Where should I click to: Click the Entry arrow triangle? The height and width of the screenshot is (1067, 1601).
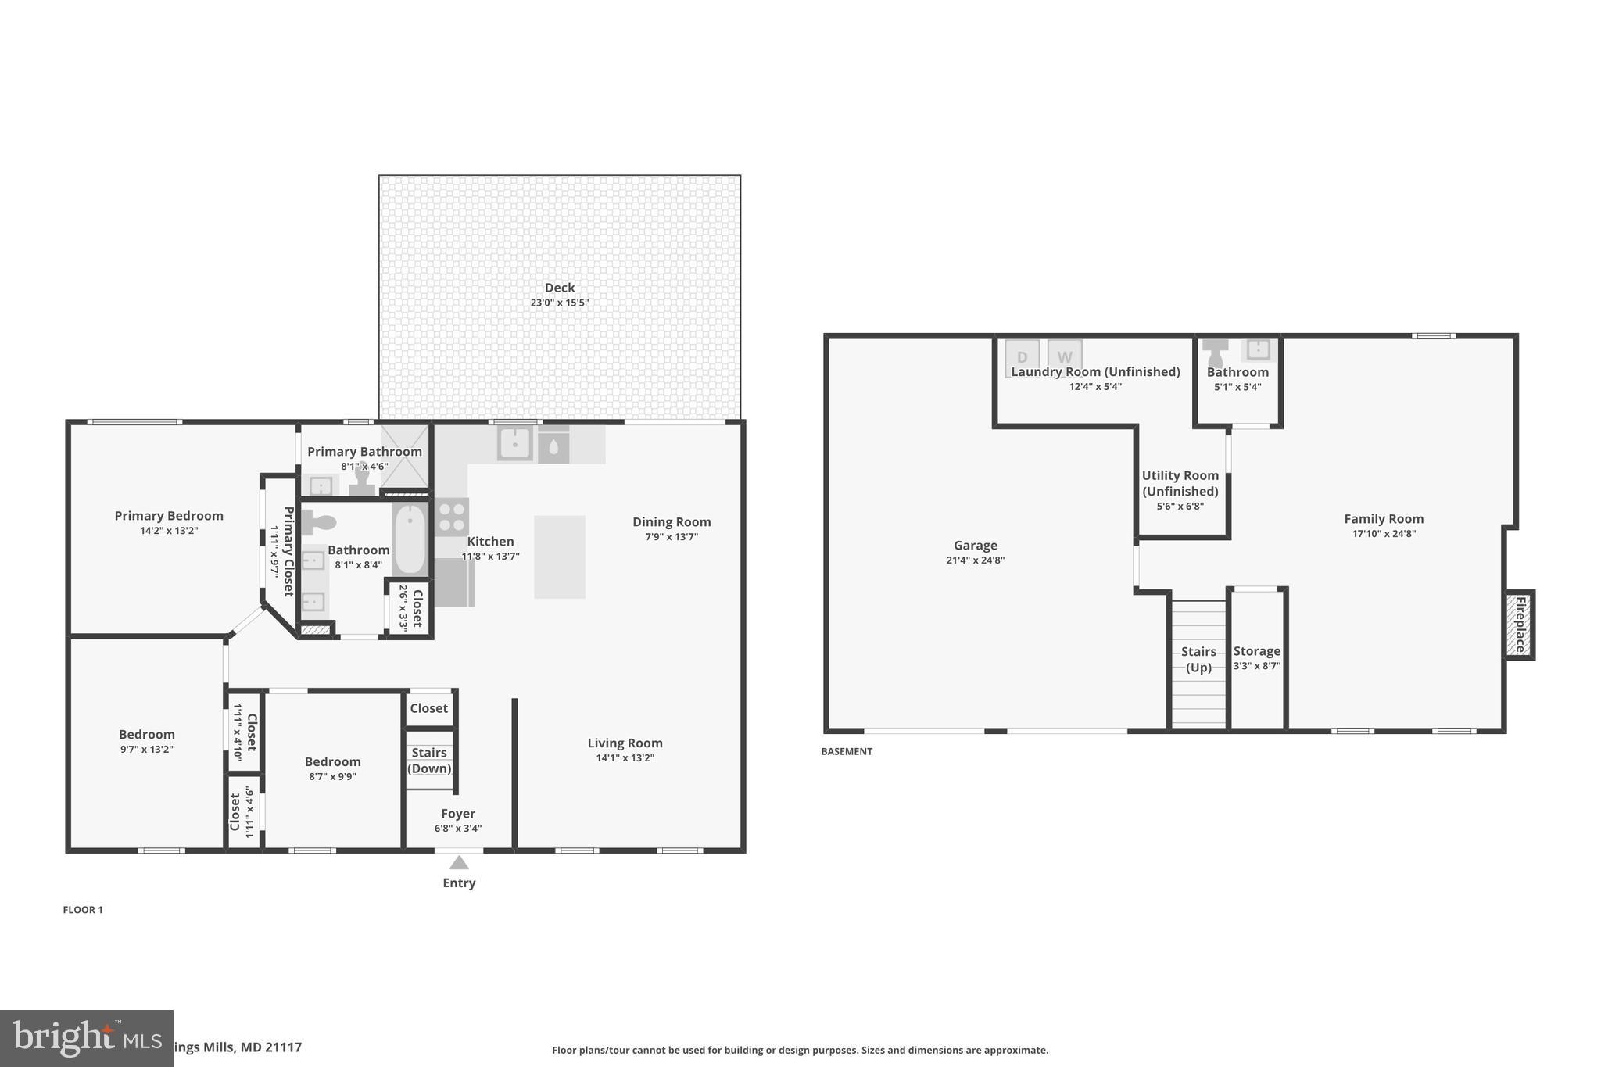click(459, 862)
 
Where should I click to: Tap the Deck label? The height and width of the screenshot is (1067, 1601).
click(560, 288)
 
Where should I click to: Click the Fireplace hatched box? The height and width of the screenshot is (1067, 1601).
click(1520, 625)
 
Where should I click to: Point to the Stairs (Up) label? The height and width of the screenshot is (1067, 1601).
click(1198, 659)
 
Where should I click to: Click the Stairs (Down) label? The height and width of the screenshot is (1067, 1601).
click(429, 760)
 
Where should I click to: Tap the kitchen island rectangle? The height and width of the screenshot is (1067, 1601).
click(560, 557)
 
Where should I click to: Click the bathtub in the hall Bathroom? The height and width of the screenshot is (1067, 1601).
click(410, 539)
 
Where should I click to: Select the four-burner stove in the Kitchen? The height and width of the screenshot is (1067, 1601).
click(452, 517)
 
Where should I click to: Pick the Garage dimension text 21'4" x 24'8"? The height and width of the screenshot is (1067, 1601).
click(975, 560)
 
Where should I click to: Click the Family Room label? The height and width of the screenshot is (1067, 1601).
click(1384, 518)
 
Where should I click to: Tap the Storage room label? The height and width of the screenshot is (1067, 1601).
click(1256, 651)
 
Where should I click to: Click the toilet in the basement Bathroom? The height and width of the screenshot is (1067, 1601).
click(1216, 353)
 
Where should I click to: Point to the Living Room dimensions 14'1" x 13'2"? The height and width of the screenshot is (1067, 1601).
click(625, 758)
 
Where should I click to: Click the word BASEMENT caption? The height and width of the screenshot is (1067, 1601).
click(847, 751)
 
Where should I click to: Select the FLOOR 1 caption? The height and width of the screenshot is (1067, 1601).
click(83, 910)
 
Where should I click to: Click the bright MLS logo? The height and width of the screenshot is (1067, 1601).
click(86, 1038)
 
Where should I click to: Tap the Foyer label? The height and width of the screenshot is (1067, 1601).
click(458, 814)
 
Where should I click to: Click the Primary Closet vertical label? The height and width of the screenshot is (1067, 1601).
click(288, 551)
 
